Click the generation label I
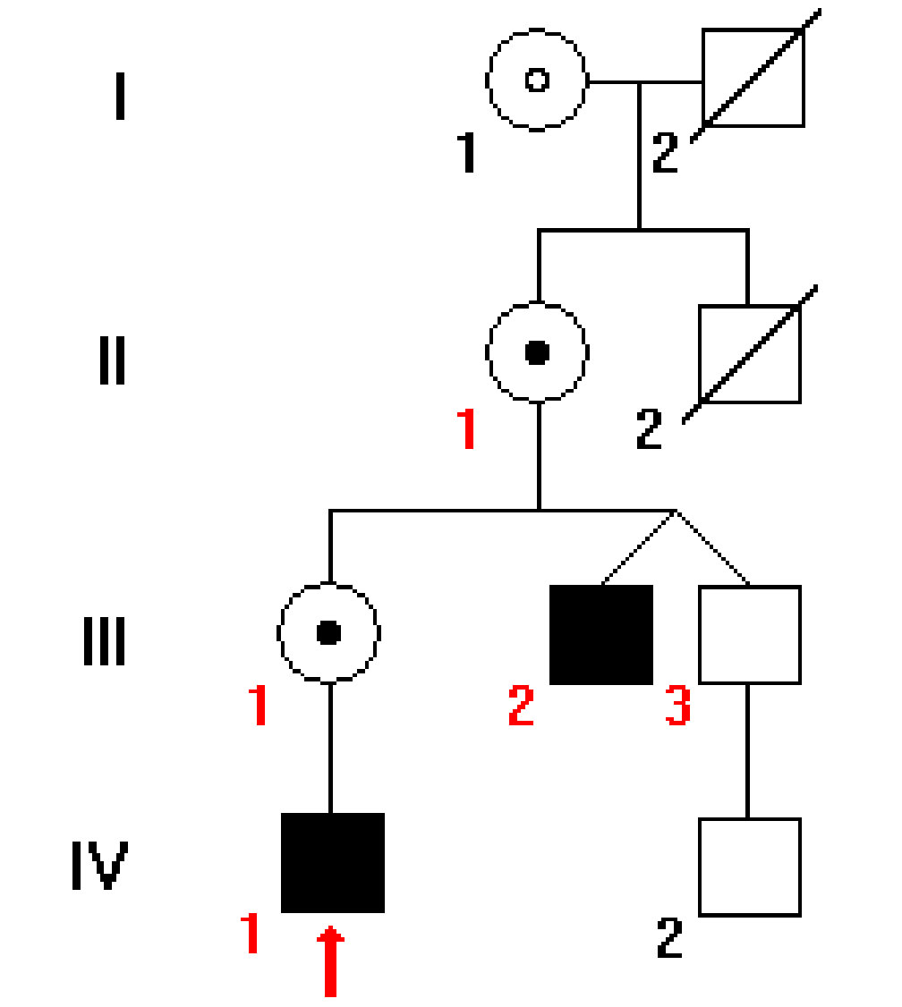(119, 98)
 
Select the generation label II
(112, 361)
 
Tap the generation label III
(105, 643)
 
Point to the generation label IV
(99, 865)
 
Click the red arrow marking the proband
(331, 961)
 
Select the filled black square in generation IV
(332, 863)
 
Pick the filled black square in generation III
(600, 635)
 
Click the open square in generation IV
(749, 867)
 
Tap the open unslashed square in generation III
(749, 635)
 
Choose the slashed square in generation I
(753, 79)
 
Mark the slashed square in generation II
(749, 354)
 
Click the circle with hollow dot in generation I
(537, 80)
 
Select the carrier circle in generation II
(537, 352)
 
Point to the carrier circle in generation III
(329, 632)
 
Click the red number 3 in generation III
(677, 707)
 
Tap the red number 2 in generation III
(521, 707)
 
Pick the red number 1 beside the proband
(250, 934)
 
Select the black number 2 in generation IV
(669, 937)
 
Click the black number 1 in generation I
(466, 153)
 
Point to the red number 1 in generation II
(466, 430)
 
